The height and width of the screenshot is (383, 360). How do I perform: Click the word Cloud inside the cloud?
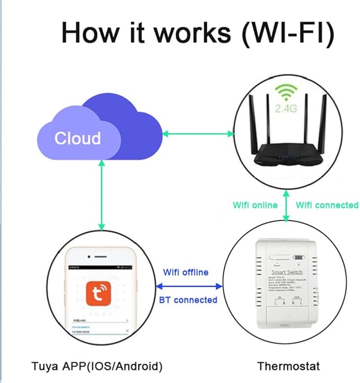pos(77,138)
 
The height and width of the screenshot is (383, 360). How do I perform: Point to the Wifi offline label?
pos(186,272)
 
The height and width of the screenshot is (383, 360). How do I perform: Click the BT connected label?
pos(188,300)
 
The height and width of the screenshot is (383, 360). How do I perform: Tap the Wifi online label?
pos(255,205)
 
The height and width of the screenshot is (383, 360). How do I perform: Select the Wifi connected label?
pos(327,205)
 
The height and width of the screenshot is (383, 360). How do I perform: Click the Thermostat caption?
pos(288,366)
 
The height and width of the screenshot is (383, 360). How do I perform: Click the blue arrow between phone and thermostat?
pos(189,286)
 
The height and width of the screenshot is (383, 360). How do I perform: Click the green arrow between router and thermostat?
pos(287,204)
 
